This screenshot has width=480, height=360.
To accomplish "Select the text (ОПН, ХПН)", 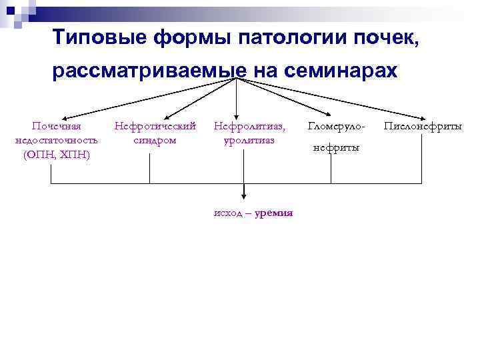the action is click(x=57, y=154).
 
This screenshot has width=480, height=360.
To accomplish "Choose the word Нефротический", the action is click(x=155, y=125).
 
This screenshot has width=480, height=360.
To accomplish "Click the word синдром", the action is click(x=155, y=139).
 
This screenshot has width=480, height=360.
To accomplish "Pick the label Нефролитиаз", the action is click(x=249, y=125).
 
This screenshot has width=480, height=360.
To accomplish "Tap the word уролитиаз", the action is click(x=249, y=139).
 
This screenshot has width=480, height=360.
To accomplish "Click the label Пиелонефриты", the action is click(x=423, y=126).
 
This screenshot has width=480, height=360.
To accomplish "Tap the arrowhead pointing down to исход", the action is click(x=243, y=195).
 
